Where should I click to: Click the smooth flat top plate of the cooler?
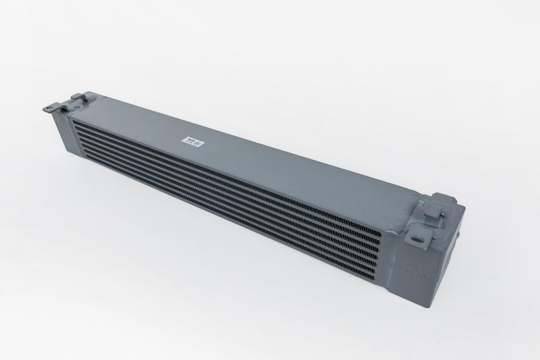click(270, 162)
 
